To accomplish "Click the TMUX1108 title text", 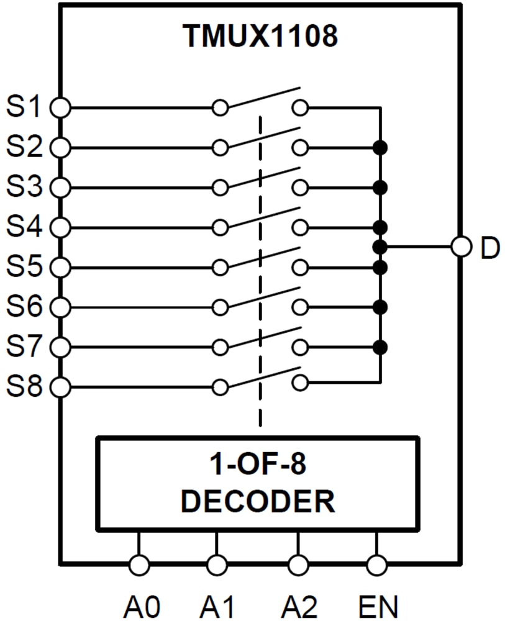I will click(x=260, y=37).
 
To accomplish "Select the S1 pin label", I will click(x=24, y=107).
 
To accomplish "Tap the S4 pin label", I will click(x=24, y=227).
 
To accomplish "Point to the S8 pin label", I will click(x=24, y=387).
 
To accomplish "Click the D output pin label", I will click(x=489, y=247).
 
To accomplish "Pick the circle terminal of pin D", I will click(x=461, y=247).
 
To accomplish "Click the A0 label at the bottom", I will click(x=139, y=605).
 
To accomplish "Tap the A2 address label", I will click(x=298, y=605).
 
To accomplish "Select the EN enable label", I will click(x=378, y=605).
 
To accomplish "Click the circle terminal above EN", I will click(x=377, y=565).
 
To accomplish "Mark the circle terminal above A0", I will click(x=139, y=565).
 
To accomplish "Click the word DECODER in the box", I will click(x=257, y=501).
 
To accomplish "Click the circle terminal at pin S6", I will click(x=60, y=307).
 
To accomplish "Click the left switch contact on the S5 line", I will click(x=219, y=268).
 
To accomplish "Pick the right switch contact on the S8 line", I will click(x=300, y=381).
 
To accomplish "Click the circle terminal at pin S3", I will click(x=60, y=187).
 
